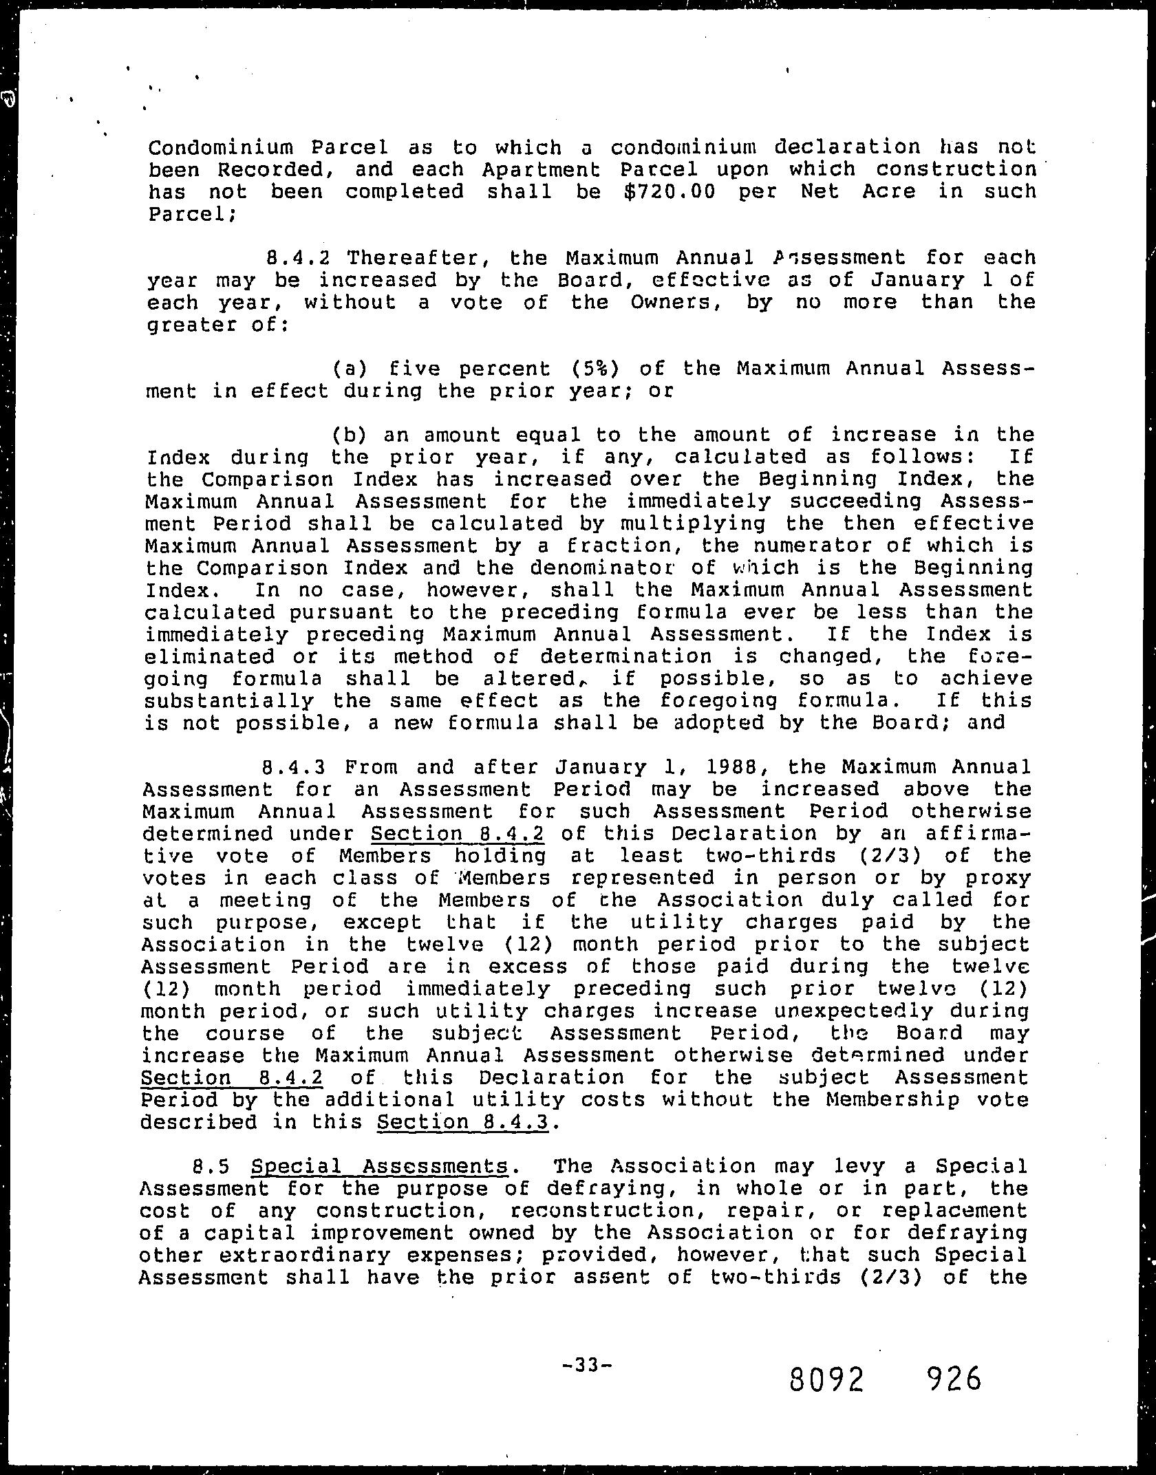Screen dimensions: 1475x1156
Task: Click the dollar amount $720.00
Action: pyautogui.click(x=670, y=191)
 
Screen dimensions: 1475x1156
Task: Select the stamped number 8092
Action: pyautogui.click(x=826, y=1360)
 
